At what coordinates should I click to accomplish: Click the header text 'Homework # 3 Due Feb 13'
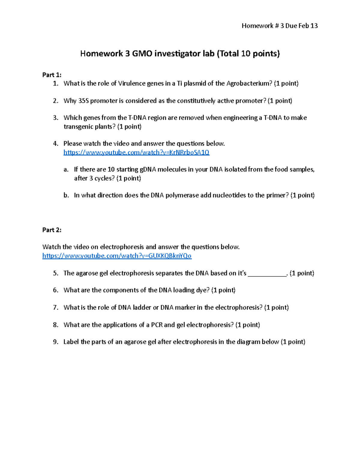pos(280,26)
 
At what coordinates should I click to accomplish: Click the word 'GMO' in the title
pos(142,54)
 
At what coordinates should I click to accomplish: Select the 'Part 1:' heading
pos(52,75)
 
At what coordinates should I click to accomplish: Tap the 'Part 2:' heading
pos(52,230)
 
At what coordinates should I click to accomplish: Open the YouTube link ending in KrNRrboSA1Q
pos(136,152)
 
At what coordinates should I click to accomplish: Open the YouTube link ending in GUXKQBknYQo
pos(117,256)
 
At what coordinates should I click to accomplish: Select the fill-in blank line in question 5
pos(267,273)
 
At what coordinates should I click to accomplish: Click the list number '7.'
pos(55,308)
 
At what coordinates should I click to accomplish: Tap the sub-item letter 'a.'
pos(66,170)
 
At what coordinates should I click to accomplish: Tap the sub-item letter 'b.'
pos(66,195)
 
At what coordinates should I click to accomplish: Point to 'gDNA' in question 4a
pos(148,170)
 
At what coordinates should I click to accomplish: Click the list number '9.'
pos(55,342)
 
